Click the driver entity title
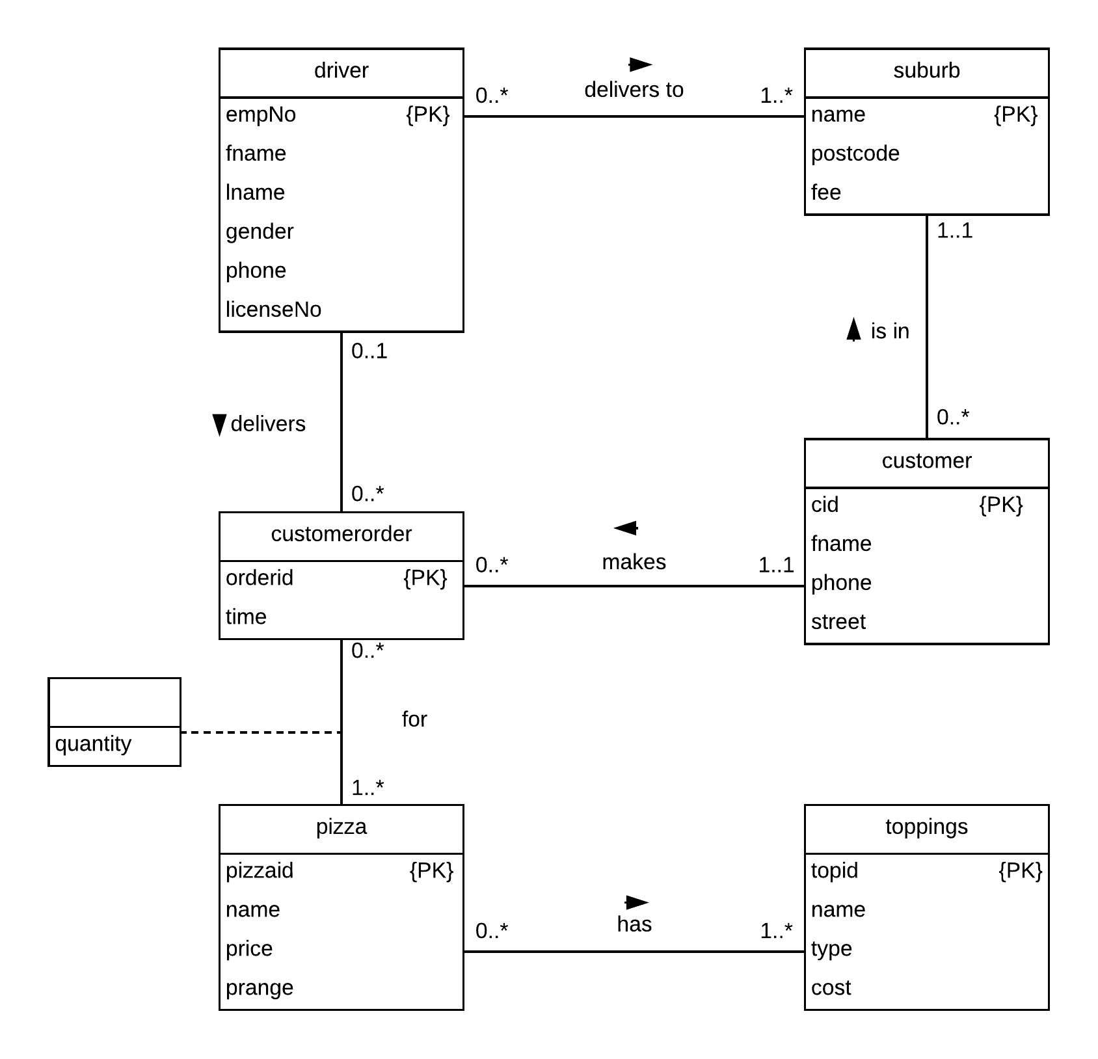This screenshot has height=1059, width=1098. (341, 70)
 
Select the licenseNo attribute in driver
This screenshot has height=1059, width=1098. (273, 310)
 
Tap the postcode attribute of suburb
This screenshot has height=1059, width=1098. (855, 154)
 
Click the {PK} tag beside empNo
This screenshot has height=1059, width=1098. (427, 114)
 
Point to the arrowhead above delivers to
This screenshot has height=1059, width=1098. (640, 64)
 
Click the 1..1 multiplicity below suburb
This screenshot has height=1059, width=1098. (954, 230)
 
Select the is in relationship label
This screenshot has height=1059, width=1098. (889, 331)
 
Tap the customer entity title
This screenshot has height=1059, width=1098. (926, 461)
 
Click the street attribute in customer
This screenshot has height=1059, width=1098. (838, 622)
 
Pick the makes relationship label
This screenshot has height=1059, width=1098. (634, 562)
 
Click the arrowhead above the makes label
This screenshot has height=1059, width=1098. (626, 528)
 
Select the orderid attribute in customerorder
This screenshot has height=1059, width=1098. (260, 578)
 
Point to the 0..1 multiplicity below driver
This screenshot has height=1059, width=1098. (369, 351)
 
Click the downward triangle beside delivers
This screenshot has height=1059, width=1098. (219, 424)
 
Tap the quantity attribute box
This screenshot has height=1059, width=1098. (94, 744)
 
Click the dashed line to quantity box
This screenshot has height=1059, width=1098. (260, 732)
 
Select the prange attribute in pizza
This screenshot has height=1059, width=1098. (259, 987)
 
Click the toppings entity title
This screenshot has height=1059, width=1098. (926, 827)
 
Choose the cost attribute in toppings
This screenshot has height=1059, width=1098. (831, 987)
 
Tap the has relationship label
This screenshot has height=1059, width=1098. (634, 924)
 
